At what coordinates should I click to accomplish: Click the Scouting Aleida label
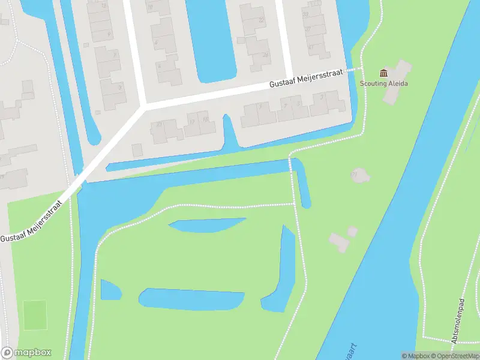[x=383, y=83]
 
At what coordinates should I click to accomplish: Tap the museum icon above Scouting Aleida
[x=383, y=73]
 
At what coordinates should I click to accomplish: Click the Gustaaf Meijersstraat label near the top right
[x=305, y=80]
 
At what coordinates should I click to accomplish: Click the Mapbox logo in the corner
[x=26, y=353]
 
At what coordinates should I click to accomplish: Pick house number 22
[x=261, y=20]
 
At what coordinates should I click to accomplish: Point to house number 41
[x=310, y=46]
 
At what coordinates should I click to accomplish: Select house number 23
[x=159, y=124]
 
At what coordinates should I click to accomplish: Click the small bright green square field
[x=34, y=314]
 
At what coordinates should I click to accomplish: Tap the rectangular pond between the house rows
[x=209, y=39]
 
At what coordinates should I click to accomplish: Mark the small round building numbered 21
[x=359, y=175]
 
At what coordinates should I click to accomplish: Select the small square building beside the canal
[x=138, y=149]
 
